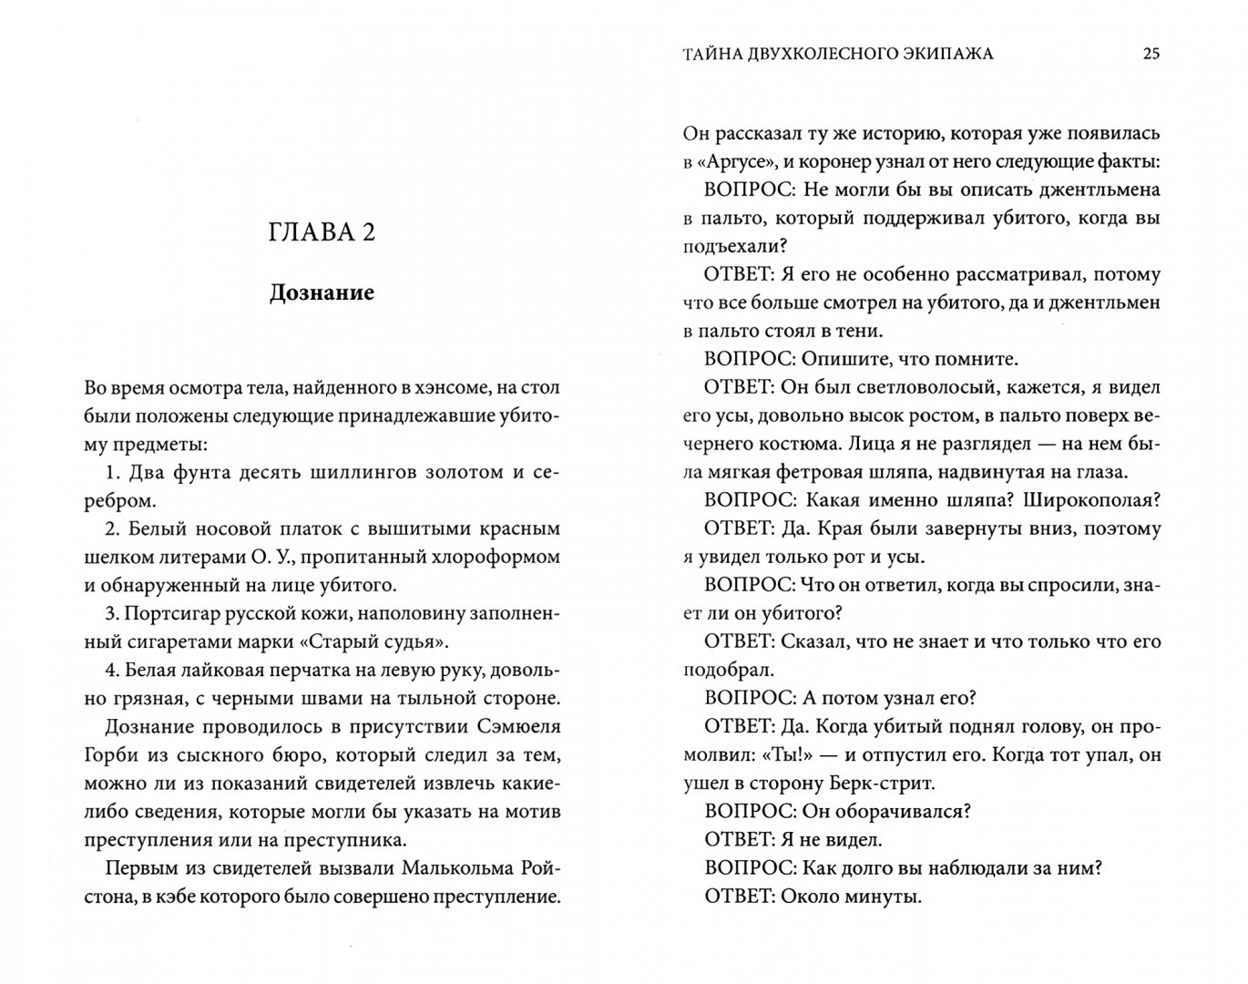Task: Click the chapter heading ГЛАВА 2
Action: [x=322, y=232]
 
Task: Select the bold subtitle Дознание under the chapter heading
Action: [x=322, y=292]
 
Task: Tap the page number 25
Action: [x=1151, y=54]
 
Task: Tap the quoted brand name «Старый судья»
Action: [x=385, y=641]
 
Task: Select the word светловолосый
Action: [x=918, y=387]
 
